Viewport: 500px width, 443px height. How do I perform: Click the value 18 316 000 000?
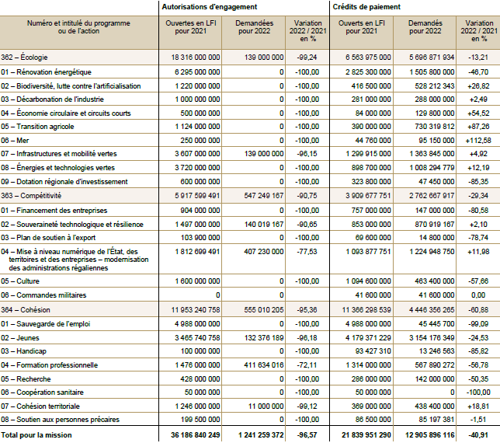tap(193, 58)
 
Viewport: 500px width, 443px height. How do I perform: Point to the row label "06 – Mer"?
tap(16, 140)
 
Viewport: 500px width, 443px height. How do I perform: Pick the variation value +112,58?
tap(477, 140)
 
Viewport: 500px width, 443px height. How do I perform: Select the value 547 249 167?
tap(257, 196)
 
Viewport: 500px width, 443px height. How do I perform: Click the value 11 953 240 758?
tap(193, 309)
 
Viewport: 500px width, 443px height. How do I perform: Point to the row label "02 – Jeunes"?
tap(21, 338)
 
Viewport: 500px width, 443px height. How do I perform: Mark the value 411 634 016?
tap(257, 365)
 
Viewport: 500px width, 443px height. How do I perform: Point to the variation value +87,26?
tap(478, 126)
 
